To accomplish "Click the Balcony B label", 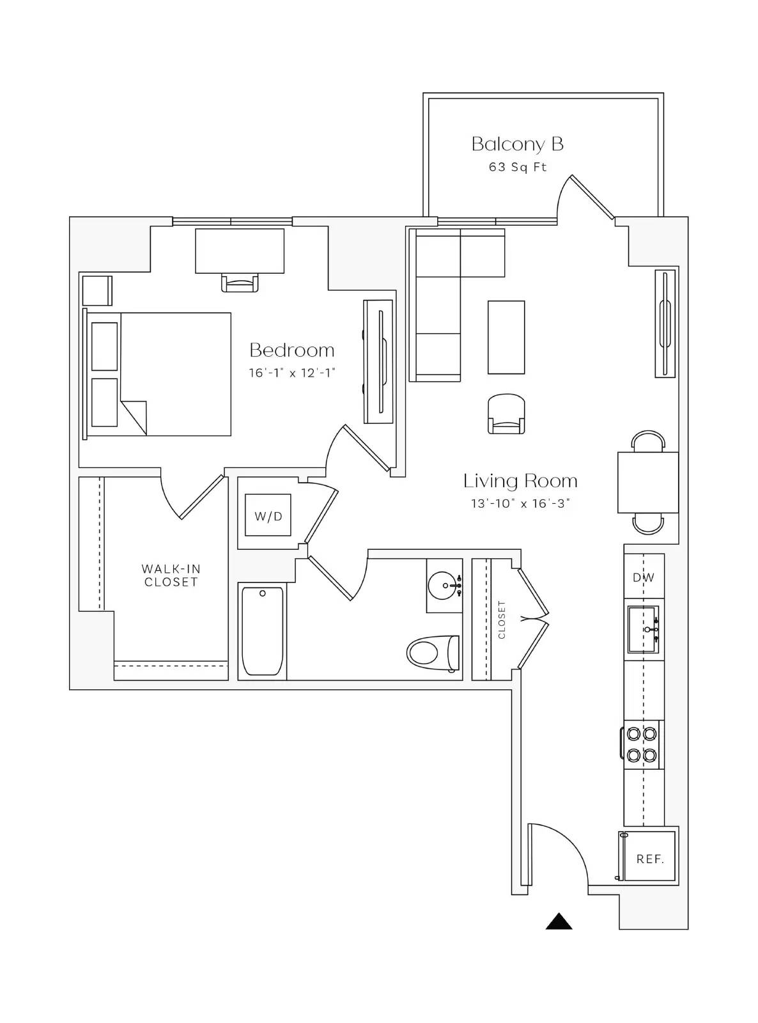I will (x=517, y=144).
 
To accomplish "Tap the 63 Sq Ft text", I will (x=517, y=167).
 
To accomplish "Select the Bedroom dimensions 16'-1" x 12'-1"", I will (x=292, y=373).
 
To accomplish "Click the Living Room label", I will (x=520, y=481).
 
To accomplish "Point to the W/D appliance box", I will (x=268, y=515).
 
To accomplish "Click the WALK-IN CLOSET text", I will (x=171, y=575).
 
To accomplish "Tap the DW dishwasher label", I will (x=644, y=577).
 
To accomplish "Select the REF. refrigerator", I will (x=649, y=859).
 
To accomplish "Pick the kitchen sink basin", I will (x=642, y=629).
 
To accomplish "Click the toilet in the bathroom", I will (x=433, y=653).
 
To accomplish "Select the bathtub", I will (x=262, y=631).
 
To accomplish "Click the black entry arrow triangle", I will (x=559, y=921).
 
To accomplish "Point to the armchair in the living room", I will (x=506, y=414).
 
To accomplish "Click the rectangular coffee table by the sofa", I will (x=506, y=337).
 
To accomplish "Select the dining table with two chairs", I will (x=647, y=482).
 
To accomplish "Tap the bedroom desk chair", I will (x=240, y=283).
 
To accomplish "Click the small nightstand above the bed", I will (x=97, y=290).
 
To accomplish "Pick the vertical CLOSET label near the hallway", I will (x=502, y=619).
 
